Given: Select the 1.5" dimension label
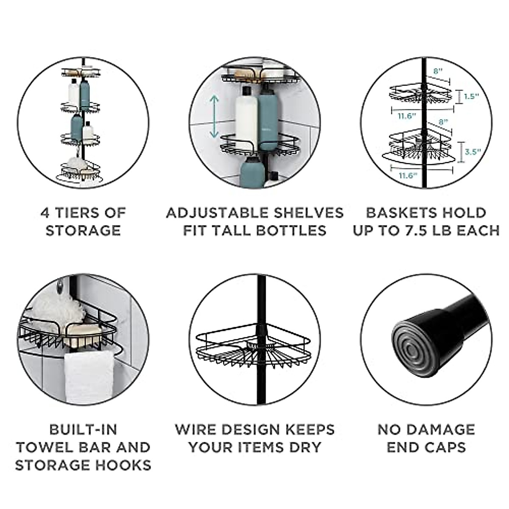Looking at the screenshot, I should tap(471, 96).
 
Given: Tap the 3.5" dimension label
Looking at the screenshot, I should tap(471, 151).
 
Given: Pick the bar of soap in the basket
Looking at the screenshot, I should tap(85, 330).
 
